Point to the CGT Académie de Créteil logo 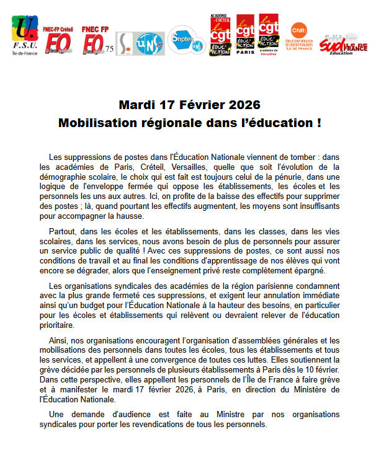220,36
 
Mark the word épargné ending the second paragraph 326,271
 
